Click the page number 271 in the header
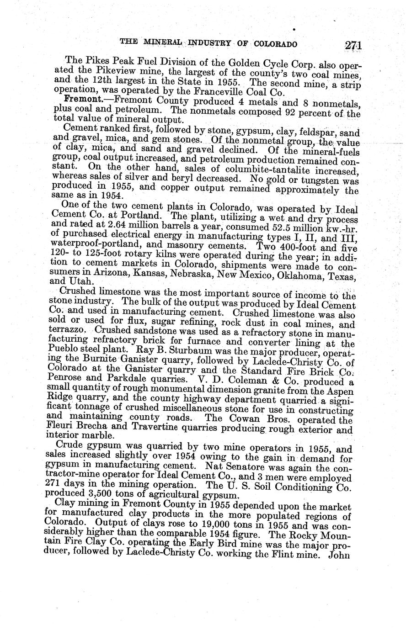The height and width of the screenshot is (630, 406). click(x=353, y=45)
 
